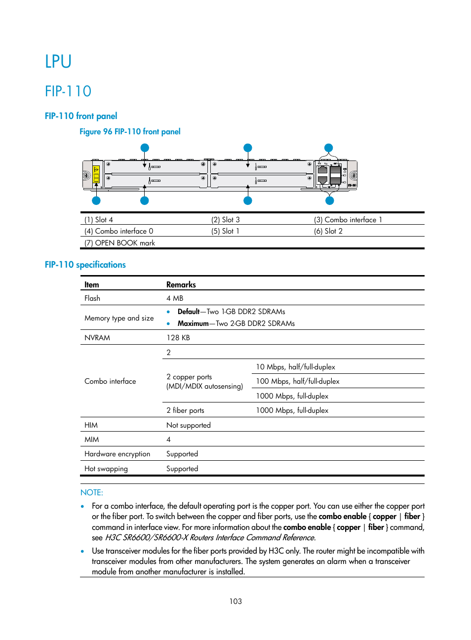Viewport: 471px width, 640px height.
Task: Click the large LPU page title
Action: click(58, 62)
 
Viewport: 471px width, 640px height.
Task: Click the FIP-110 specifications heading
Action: click(85, 265)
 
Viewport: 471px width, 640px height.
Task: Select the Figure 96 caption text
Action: click(130, 131)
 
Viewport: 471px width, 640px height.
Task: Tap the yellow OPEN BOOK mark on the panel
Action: click(96, 174)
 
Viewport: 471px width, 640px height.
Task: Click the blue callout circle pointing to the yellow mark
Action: click(96, 200)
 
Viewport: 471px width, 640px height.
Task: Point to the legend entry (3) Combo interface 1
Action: click(348, 220)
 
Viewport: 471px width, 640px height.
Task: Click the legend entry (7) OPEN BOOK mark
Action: click(119, 243)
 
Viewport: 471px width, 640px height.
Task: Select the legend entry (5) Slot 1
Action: click(225, 231)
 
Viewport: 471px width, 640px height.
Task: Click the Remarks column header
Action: click(181, 284)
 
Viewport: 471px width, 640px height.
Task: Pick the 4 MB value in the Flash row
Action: click(175, 298)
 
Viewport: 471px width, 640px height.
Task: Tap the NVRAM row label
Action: click(97, 338)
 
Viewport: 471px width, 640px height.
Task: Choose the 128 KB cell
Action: click(178, 338)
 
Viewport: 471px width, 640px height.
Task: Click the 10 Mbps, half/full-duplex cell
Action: click(295, 367)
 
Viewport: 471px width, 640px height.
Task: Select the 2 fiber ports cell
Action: click(185, 410)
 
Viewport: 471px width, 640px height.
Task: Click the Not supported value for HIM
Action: click(188, 425)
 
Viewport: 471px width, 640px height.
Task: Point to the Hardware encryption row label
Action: click(117, 454)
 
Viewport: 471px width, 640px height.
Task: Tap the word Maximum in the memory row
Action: click(193, 323)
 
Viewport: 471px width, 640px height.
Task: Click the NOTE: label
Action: click(91, 492)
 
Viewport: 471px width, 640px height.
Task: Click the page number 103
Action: click(235, 601)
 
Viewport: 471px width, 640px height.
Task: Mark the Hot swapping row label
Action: click(106, 469)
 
